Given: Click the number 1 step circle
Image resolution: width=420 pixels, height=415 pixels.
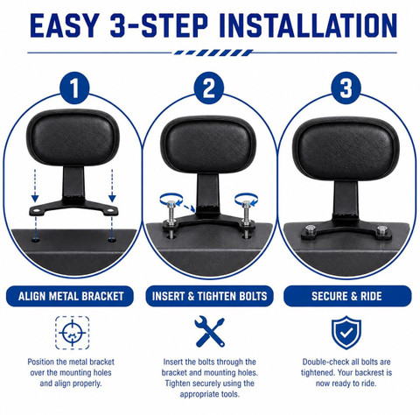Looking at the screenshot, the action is tap(74, 88).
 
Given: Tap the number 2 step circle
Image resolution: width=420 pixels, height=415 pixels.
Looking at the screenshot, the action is tap(209, 88).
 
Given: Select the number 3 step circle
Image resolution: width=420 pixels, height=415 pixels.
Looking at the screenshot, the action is tap(346, 88).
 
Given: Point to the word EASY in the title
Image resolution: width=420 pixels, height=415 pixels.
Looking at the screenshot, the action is tap(64, 25).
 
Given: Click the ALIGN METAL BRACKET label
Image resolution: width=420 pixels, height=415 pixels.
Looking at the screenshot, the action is tap(70, 296).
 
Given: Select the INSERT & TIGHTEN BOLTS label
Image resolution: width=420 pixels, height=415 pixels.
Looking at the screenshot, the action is tap(209, 296).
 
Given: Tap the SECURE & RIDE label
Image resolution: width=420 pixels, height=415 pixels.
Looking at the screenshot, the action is tap(347, 296).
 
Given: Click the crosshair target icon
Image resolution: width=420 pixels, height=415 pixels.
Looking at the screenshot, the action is tap(73, 333).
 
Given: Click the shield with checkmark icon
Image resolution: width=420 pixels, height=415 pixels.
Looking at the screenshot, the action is tap(346, 332).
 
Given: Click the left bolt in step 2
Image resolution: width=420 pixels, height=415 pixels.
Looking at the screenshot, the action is tap(171, 216).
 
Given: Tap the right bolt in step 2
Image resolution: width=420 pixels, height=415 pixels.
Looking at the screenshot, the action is tap(247, 216).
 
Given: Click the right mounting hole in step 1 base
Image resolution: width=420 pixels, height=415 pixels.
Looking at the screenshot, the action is tap(112, 240).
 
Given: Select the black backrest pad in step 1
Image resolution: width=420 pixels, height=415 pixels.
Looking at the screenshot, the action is tap(73, 138).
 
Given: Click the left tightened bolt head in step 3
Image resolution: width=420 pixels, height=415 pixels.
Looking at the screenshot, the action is tap(310, 229).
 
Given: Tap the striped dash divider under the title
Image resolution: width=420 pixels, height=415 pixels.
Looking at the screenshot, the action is tap(213, 53).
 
